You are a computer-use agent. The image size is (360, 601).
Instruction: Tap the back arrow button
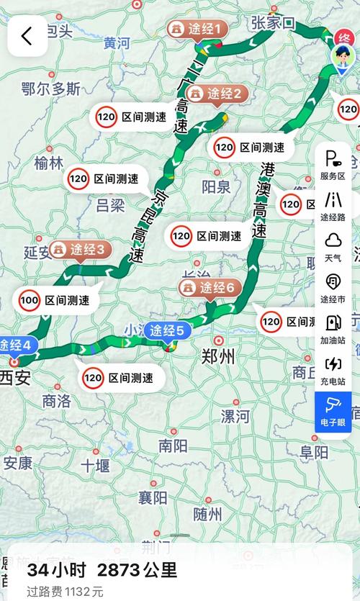(x=27, y=36)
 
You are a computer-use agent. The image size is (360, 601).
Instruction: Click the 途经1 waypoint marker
(x=197, y=30)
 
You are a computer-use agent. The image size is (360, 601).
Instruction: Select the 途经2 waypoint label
(x=217, y=94)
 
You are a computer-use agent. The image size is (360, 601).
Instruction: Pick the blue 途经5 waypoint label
(x=168, y=331)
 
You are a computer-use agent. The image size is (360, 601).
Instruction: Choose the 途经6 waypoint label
(x=207, y=288)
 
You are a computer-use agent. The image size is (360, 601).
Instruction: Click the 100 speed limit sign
(x=30, y=299)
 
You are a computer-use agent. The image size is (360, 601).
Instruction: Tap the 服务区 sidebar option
(x=333, y=165)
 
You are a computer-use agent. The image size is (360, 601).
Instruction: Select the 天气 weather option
(x=333, y=246)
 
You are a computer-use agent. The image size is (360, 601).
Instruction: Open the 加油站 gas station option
(x=333, y=329)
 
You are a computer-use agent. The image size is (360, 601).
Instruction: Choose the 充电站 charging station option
(x=333, y=370)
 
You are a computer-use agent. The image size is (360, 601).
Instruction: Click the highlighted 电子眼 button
(x=333, y=411)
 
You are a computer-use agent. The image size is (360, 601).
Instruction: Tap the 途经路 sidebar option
(x=333, y=206)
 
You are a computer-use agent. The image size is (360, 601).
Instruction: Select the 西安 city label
(x=16, y=377)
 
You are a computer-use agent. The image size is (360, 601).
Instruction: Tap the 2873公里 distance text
(x=137, y=571)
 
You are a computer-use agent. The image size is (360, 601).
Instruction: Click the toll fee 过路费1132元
(x=66, y=592)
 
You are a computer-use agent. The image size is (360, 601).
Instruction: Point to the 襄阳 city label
(x=152, y=497)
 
